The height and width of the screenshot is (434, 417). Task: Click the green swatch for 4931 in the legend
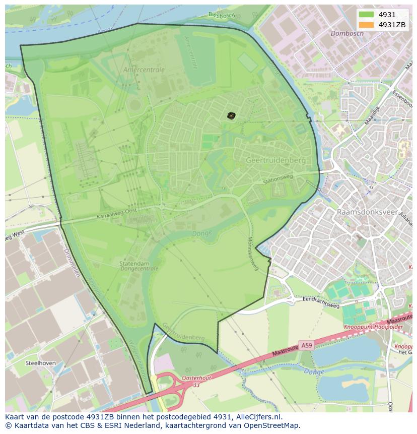[366, 15]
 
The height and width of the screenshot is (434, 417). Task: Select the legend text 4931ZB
[392, 25]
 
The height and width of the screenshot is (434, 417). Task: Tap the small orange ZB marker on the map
[231, 116]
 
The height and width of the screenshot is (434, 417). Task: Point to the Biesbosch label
[222, 14]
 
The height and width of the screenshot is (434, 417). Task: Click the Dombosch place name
[347, 33]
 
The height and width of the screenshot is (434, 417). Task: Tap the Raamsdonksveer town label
[367, 212]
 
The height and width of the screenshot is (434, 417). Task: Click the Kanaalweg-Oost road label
[117, 215]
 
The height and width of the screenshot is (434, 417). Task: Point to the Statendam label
[134, 263]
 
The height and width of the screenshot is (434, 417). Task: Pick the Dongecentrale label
[140, 269]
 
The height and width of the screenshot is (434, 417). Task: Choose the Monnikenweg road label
[253, 254]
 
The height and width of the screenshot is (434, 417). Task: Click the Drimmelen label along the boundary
[72, 262]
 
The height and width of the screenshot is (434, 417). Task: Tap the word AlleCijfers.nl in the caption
[257, 417]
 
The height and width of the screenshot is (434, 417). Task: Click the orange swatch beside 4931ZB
[366, 25]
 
